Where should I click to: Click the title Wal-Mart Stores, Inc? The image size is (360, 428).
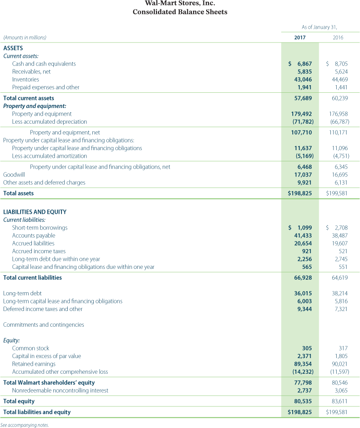[180, 4]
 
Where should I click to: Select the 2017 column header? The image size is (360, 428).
[300, 38]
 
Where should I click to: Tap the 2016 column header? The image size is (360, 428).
[338, 38]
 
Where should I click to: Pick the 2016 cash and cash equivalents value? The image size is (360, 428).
[338, 64]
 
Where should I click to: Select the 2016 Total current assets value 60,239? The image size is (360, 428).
[338, 98]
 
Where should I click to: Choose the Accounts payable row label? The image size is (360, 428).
[34, 235]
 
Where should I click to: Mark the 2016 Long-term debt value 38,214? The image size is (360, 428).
[338, 294]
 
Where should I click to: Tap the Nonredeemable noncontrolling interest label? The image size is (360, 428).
[60, 390]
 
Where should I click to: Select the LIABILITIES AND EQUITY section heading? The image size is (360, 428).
[35, 212]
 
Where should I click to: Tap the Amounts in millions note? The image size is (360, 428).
[25, 38]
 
